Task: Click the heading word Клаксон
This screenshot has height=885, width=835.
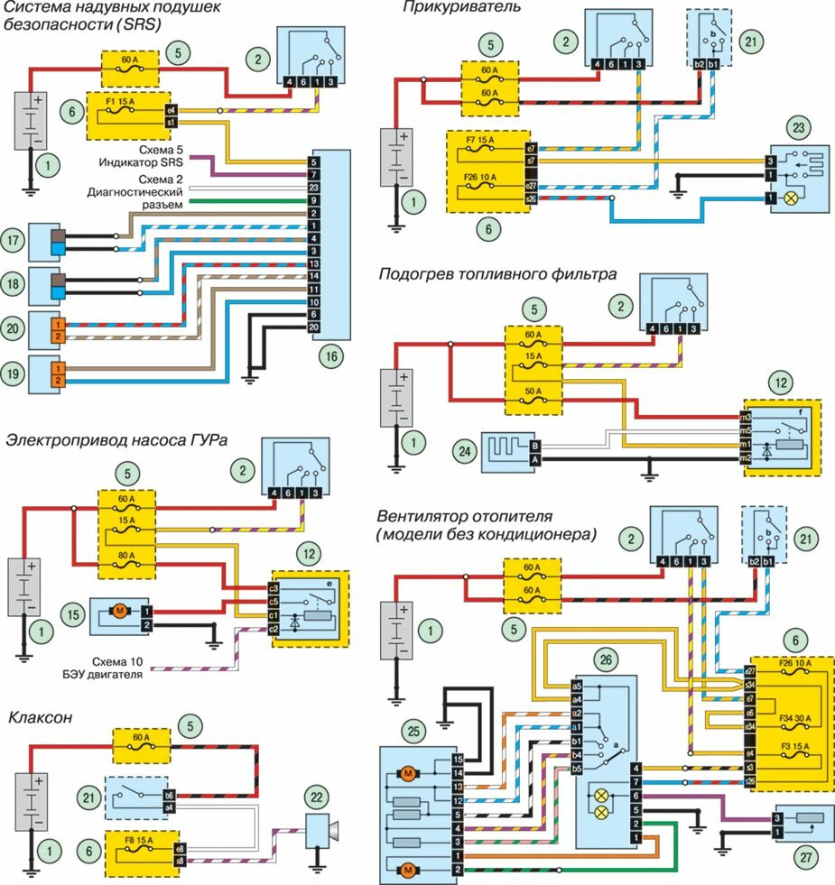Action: coord(41,718)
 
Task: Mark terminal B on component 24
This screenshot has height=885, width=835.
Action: coord(535,445)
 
